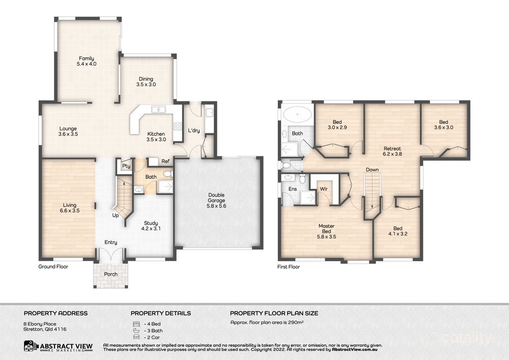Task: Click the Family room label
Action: pos(86,61)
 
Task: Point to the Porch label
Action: pos(110,274)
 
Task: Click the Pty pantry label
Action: pos(125,166)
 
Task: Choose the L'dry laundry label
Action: pos(193,130)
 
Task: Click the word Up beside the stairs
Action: pos(116,215)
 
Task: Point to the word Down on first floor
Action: pos(372,170)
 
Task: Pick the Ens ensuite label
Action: pos(292,189)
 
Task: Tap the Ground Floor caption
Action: pos(53,266)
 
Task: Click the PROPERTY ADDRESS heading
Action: pos(55,313)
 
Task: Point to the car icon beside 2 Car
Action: pos(135,337)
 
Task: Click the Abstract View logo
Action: pos(58,347)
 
